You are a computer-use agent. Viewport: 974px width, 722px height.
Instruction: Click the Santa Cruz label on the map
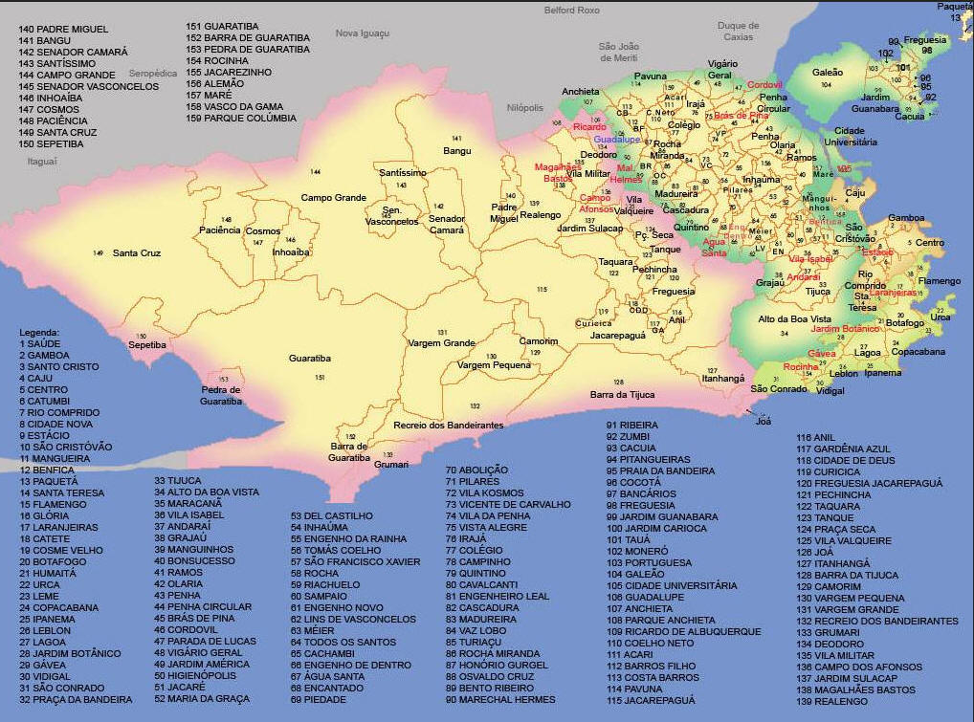tap(137, 253)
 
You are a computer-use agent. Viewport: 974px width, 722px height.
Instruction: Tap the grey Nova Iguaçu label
tap(363, 33)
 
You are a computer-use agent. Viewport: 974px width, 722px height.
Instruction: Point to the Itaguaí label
tap(42, 162)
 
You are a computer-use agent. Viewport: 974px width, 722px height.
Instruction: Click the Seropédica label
tap(153, 73)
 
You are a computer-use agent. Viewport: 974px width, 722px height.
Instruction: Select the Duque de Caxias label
tap(739, 32)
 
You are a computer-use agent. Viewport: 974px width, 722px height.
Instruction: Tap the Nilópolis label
tap(525, 108)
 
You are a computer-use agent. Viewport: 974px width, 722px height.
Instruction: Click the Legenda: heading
tap(39, 332)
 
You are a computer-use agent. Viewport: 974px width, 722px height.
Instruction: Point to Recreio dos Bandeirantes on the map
tap(449, 425)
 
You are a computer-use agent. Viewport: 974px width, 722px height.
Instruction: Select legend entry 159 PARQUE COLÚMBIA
tap(241, 119)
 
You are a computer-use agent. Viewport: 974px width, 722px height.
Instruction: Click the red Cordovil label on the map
tap(764, 84)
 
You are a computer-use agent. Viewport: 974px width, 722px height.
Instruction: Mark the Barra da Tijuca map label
tap(622, 394)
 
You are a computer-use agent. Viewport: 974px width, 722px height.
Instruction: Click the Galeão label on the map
tap(828, 73)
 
